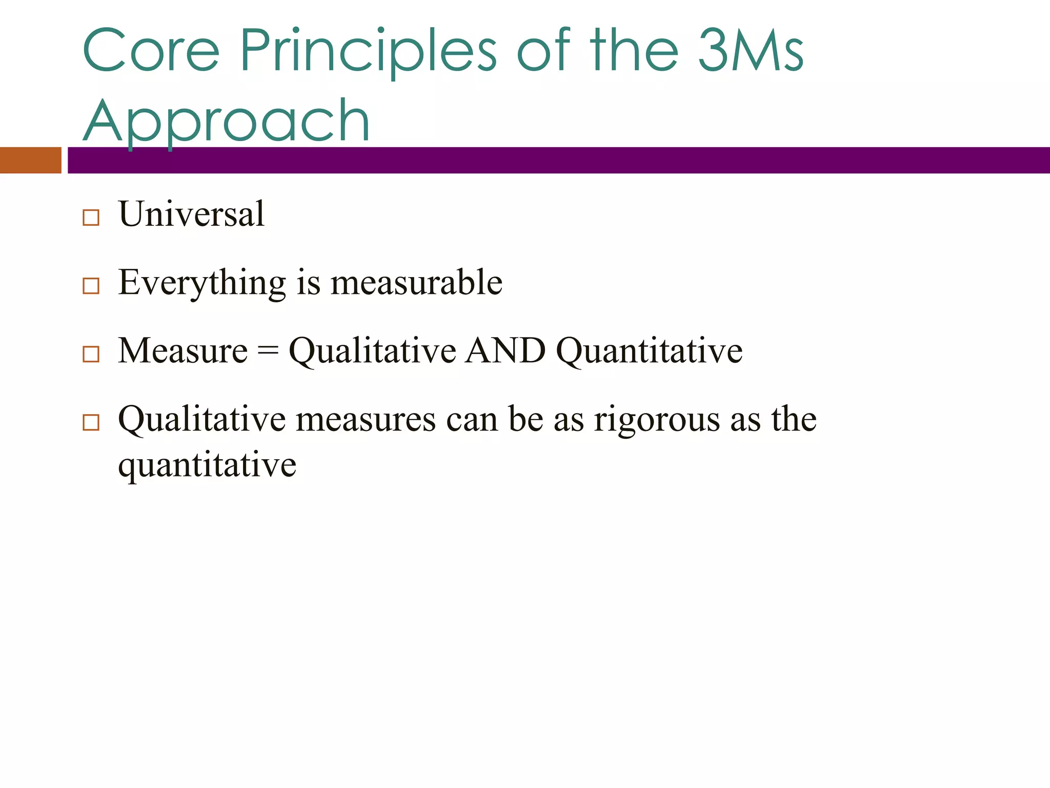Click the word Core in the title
click(x=151, y=51)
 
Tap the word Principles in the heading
click(x=368, y=51)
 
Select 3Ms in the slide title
click(x=751, y=51)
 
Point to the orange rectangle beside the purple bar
click(x=30, y=160)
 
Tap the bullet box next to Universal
click(x=91, y=218)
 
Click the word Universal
click(x=191, y=214)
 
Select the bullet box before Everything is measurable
click(x=91, y=286)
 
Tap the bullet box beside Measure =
click(x=91, y=354)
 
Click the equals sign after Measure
click(x=268, y=351)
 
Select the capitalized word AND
click(x=505, y=351)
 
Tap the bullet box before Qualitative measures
click(x=91, y=422)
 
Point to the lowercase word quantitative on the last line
click(x=207, y=465)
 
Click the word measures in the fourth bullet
click(x=366, y=419)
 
